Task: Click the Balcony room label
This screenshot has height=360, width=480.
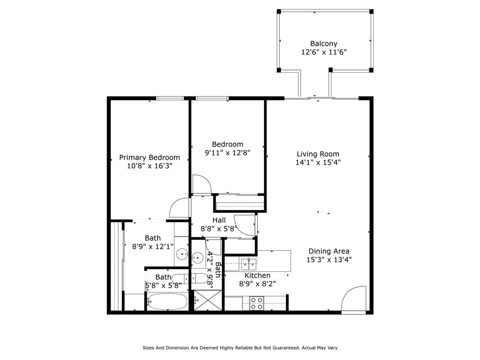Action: (323, 44)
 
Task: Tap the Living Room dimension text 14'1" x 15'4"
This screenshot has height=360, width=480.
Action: (318, 162)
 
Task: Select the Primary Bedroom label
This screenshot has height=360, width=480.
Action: (150, 157)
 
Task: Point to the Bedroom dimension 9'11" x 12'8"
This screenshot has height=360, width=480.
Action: (227, 152)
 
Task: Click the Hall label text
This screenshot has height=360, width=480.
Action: (219, 220)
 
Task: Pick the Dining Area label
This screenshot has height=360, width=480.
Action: (329, 251)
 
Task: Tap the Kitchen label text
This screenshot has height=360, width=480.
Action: (257, 275)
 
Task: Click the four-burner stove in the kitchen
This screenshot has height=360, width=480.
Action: (256, 303)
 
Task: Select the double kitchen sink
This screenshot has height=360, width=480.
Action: (248, 264)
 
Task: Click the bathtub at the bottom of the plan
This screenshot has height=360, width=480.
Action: (167, 301)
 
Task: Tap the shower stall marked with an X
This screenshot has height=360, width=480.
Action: (208, 300)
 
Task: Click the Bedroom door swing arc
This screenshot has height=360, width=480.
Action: (202, 184)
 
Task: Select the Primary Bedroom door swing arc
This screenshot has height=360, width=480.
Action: (180, 208)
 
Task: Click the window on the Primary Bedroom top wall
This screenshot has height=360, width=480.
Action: (170, 98)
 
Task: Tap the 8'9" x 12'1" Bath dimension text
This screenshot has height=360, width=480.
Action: (153, 247)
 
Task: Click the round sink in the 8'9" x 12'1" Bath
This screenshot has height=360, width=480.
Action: (183, 254)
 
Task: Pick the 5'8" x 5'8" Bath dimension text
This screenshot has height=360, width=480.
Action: (164, 285)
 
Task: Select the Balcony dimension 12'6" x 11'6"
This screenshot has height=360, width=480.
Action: (324, 52)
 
